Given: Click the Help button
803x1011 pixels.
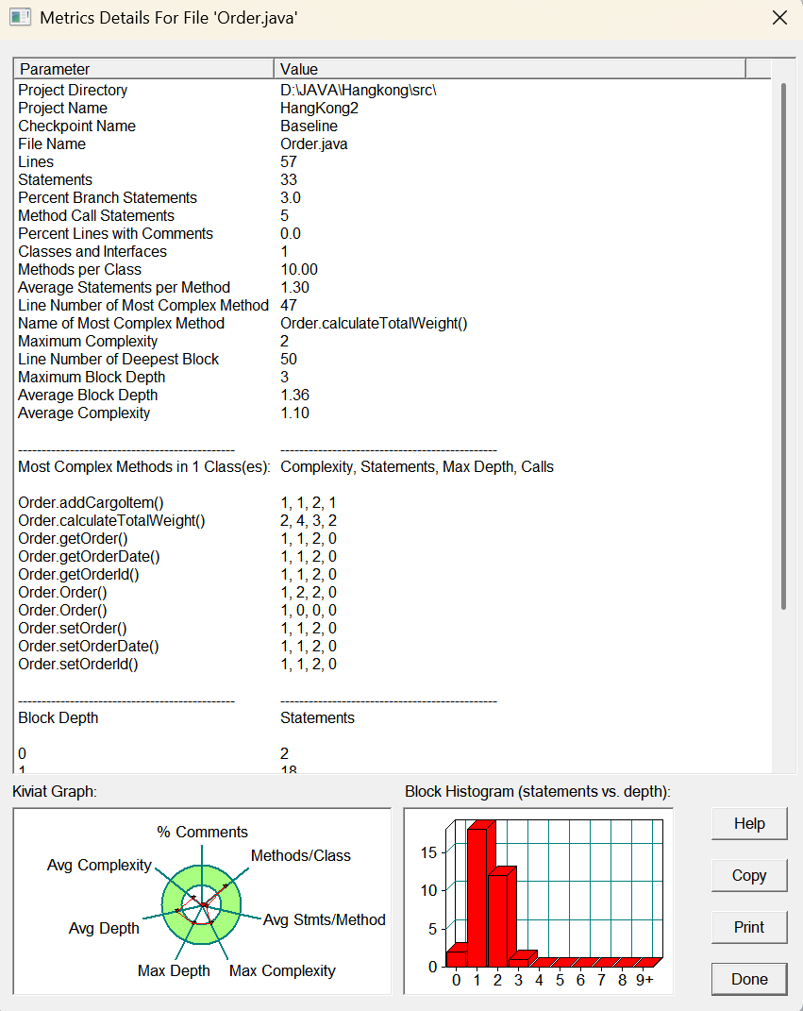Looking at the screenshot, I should point(749,823).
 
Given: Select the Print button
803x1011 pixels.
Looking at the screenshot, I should point(749,927).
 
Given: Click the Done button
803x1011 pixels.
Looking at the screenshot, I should point(749,979).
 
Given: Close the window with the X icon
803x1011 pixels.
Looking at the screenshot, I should point(779,18).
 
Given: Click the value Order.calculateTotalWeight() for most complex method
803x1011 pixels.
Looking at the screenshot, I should point(374,323).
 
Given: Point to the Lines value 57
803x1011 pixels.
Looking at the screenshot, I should point(289,161).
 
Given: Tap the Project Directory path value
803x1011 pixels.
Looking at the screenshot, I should point(359,90).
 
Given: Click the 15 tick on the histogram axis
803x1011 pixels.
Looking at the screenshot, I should point(429,852).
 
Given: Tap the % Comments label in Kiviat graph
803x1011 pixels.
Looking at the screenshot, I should point(202,832).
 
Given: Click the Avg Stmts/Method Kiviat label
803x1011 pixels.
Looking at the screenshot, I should point(324,919).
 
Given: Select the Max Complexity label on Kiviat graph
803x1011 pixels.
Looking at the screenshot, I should point(282,970).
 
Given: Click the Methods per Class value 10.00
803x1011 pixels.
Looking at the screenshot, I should point(299,269).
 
